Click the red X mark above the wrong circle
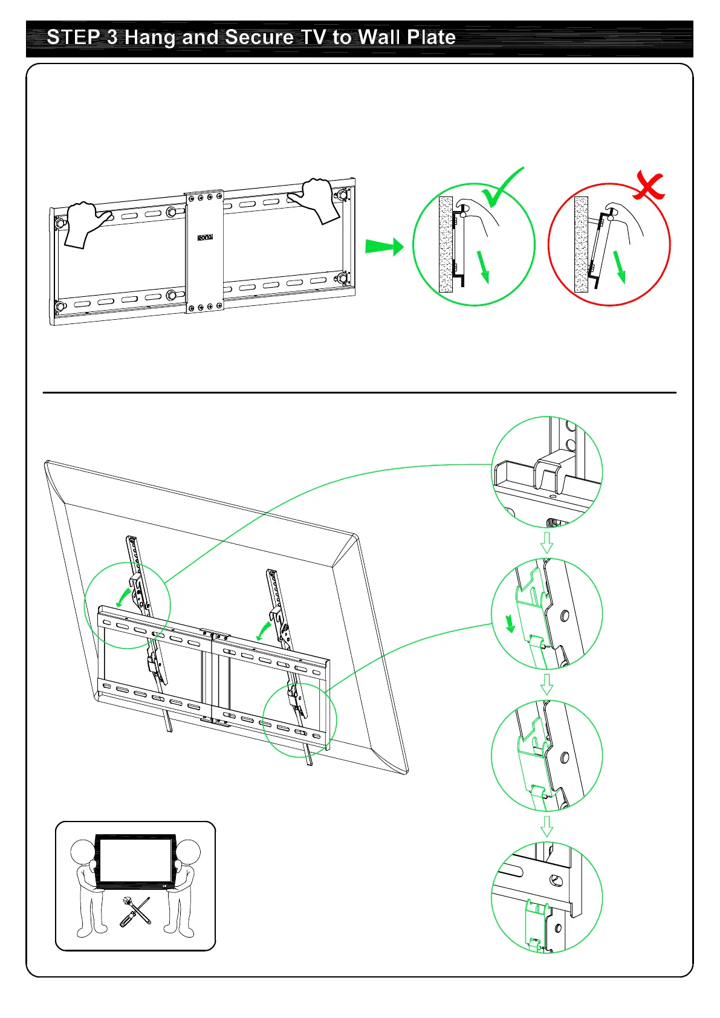point(649,187)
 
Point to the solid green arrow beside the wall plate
point(384,247)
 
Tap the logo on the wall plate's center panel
point(205,237)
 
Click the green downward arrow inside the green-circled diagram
point(482,267)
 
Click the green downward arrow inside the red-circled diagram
point(619,267)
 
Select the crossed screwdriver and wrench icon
point(135,912)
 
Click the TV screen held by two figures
point(135,861)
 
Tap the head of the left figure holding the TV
point(83,852)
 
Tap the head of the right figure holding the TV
point(188,852)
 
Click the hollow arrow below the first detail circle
point(546,542)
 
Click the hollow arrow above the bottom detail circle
point(546,826)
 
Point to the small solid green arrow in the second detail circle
point(510,623)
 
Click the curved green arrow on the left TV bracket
point(124,595)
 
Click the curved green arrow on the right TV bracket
point(264,630)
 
